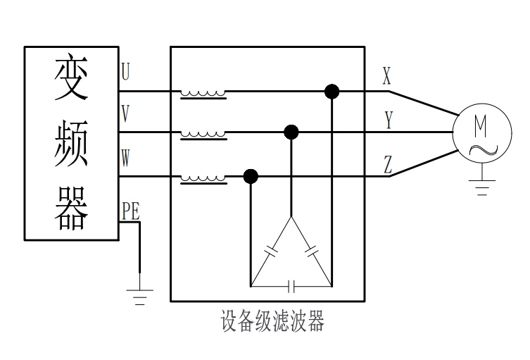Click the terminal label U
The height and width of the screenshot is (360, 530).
125,72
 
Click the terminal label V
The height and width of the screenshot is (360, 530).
125,113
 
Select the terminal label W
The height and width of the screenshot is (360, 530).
125,158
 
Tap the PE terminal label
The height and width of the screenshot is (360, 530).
130,211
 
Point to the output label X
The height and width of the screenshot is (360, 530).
386,76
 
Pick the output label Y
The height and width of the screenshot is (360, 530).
388,120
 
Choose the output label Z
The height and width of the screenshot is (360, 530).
388,165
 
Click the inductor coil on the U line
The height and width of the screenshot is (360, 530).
203,93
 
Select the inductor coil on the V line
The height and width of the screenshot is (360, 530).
203,134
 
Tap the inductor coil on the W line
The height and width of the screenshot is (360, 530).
203,178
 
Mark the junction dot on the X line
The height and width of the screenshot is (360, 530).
332,92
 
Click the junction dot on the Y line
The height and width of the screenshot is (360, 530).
291,132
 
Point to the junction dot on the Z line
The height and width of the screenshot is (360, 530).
251,176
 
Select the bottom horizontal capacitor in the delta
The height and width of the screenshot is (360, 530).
292,286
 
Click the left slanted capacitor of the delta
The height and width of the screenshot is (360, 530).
272,249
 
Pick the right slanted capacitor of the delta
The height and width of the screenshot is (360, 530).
312,249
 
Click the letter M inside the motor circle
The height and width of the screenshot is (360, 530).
480,125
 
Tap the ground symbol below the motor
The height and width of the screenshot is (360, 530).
482,187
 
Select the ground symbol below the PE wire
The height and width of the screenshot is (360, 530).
139,296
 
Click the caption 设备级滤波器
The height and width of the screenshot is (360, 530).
272,322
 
